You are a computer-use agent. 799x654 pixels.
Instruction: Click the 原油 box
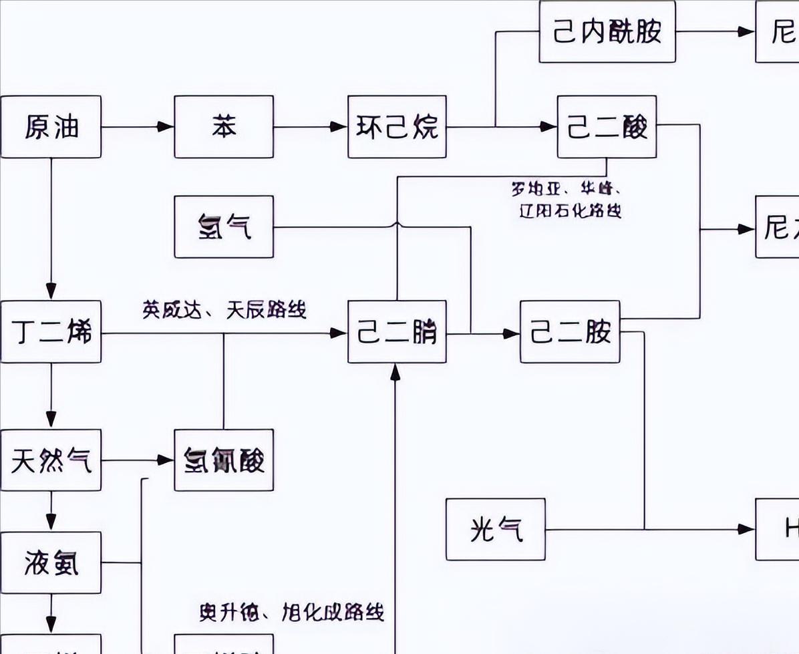point(51,127)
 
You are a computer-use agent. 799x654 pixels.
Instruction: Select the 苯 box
point(224,127)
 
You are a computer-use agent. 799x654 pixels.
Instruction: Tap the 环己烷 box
point(397,127)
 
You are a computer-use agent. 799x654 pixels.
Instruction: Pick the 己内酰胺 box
point(607,32)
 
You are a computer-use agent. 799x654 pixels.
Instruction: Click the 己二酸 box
point(607,127)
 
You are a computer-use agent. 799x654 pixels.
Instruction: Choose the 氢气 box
point(224,226)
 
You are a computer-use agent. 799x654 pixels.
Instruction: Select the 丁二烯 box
point(51,332)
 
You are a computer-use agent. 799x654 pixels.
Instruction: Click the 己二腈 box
point(397,332)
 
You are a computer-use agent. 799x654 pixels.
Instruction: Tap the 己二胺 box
point(570,332)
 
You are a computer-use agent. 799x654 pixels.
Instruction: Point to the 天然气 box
point(51,460)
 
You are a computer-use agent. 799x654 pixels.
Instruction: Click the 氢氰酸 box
point(224,460)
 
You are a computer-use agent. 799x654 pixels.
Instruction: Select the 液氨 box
point(51,562)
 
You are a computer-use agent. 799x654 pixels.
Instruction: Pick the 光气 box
point(496,530)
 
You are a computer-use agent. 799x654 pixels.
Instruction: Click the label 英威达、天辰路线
point(224,310)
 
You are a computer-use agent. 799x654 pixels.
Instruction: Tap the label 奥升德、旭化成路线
point(291,611)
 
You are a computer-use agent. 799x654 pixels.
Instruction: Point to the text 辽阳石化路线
point(571,212)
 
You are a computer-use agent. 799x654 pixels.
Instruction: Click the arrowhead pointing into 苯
point(166,127)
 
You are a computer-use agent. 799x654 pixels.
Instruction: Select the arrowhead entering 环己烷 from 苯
point(340,127)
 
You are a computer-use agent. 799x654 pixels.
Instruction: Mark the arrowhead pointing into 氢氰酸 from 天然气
point(166,460)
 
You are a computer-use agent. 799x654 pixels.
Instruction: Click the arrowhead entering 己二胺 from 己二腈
point(512,332)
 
